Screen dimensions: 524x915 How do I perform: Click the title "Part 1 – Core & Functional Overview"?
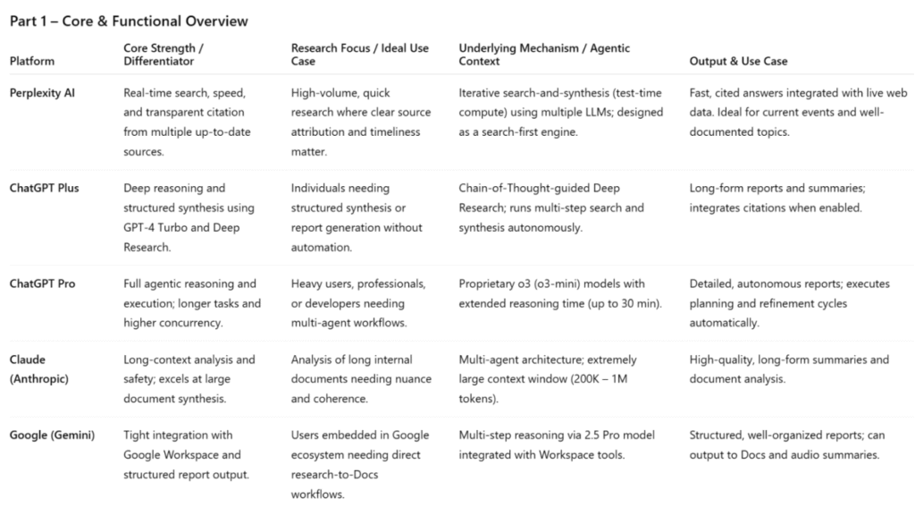click(129, 21)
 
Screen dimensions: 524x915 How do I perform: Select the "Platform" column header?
click(32, 61)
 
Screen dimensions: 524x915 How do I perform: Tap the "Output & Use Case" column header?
click(738, 61)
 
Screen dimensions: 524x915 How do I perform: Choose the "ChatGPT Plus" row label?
click(47, 189)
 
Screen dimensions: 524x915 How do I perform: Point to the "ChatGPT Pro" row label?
click(46, 284)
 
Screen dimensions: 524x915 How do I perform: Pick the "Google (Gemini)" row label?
click(53, 435)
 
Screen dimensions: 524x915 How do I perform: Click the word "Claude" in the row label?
click(29, 359)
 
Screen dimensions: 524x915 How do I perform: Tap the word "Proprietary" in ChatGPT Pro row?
click(490, 284)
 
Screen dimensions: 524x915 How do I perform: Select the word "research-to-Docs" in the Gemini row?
click(335, 474)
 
